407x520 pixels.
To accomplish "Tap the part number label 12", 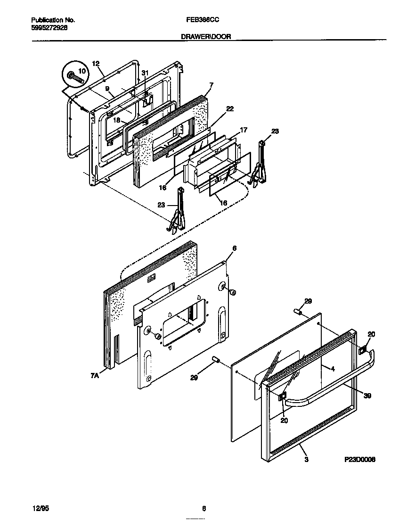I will pos(96,64).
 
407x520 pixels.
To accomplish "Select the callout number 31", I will pos(145,73).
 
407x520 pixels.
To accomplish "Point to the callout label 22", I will pos(229,108).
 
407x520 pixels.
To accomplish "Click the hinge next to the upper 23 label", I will pos(259,163).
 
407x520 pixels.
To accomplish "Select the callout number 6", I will pos(234,248).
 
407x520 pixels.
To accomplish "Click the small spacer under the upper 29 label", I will pos(297,312).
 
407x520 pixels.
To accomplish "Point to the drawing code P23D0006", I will pos(359,459).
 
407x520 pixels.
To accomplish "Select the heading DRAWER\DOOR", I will pos(206,36).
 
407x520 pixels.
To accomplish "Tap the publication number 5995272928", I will pos(49,28).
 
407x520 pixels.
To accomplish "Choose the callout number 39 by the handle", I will pos(367,396).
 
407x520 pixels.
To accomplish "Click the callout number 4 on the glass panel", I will pos(333,369).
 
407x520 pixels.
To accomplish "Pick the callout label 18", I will pos(116,120).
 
